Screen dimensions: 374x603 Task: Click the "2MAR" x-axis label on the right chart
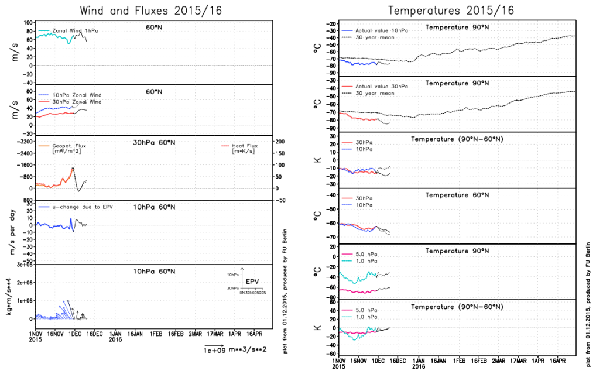tap(499, 361)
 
